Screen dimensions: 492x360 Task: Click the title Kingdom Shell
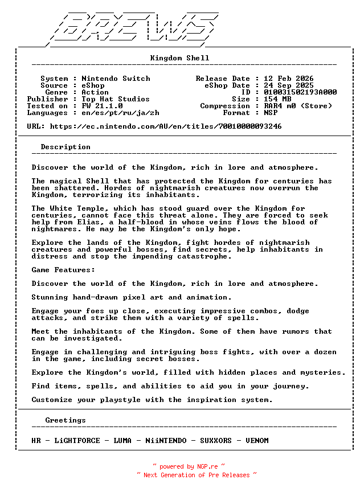click(x=179, y=58)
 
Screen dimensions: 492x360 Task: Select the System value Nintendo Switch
click(x=116, y=79)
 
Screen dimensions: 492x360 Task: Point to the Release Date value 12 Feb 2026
click(x=288, y=79)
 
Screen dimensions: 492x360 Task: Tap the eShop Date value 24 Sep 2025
click(x=288, y=85)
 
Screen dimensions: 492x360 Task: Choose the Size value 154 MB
click(x=277, y=99)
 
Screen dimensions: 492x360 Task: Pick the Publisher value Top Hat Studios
click(x=116, y=99)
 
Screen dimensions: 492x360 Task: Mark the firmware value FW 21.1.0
click(x=102, y=106)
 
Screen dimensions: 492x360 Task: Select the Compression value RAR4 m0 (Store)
click(x=298, y=106)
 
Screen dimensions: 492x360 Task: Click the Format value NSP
click(x=271, y=113)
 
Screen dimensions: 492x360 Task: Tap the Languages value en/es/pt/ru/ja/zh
click(x=120, y=113)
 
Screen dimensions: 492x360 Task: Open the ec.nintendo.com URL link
click(x=166, y=126)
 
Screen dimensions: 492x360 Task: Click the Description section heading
click(x=66, y=147)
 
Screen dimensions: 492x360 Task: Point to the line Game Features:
click(x=63, y=270)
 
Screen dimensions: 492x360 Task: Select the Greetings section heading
click(x=66, y=420)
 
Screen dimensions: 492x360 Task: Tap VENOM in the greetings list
click(x=257, y=441)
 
